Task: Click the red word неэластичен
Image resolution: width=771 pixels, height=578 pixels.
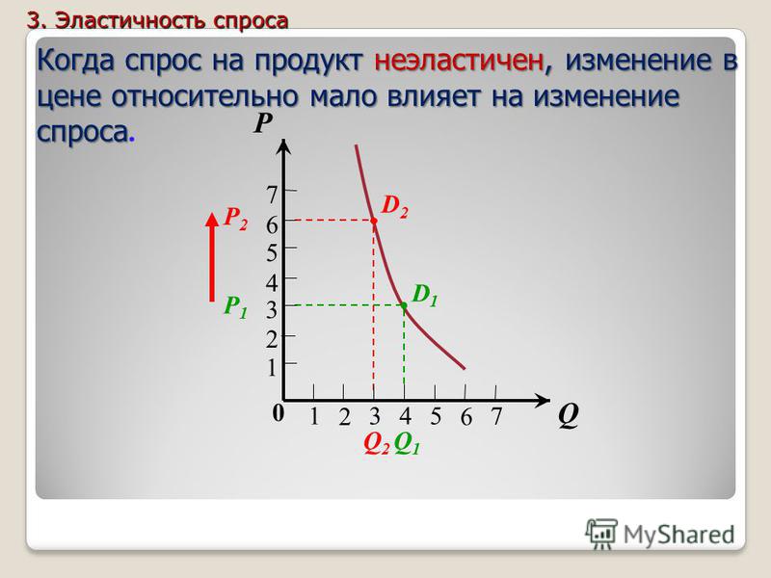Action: coord(459,61)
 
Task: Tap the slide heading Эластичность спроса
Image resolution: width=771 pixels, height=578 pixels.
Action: coord(172,20)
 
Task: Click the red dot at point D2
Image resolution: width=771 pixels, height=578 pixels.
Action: coord(374,221)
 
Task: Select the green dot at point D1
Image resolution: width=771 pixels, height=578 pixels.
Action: coord(404,305)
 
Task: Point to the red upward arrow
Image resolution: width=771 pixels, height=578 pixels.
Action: coord(212,256)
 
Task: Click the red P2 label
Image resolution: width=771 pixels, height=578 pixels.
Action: coord(235,218)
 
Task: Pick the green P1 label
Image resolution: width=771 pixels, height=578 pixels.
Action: coord(235,306)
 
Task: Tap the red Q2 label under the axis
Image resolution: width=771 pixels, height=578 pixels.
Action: coord(377,444)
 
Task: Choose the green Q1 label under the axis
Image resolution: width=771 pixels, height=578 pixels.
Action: coord(407,444)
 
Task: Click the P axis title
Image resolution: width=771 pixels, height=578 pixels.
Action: coord(263,123)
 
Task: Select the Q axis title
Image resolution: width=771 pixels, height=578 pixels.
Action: coord(568,416)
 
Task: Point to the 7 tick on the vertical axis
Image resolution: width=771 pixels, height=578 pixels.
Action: coord(272,195)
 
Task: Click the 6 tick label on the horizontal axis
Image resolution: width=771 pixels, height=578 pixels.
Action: coord(466,417)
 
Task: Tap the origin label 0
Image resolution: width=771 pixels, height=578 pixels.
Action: coord(279,413)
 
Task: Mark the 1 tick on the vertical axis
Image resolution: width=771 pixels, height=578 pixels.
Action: coord(272,368)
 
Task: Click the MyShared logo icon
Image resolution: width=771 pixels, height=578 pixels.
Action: coord(600,534)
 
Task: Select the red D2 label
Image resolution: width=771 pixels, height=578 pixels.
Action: coord(395,205)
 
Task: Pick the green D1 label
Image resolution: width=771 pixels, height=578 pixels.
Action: coord(425,295)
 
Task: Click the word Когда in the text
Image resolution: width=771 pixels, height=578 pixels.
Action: coord(76,61)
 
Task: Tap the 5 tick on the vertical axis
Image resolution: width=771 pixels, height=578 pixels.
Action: coord(272,252)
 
